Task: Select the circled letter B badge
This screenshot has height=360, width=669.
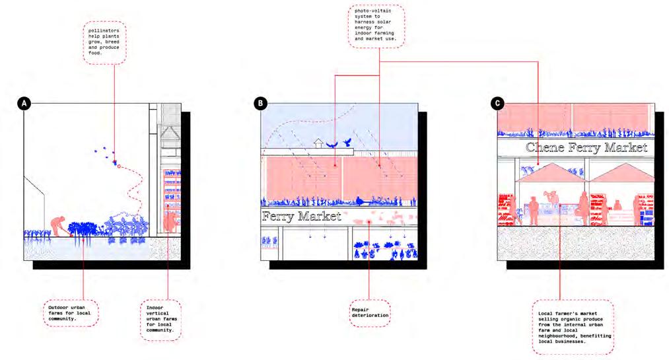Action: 261,104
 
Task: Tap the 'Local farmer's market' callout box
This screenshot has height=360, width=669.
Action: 573,326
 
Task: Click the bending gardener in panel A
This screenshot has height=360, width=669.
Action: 59,225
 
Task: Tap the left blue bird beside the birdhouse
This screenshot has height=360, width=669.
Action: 332,143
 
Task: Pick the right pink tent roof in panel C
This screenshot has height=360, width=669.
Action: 621,172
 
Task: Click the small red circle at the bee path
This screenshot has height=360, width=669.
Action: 119,166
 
